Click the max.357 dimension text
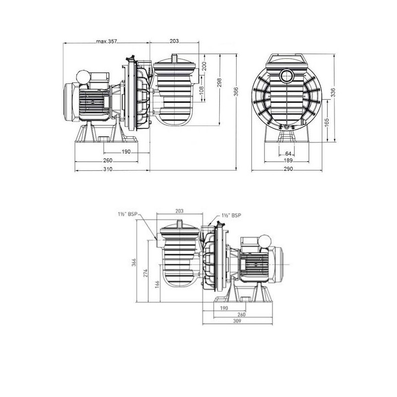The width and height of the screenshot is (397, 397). tap(106, 42)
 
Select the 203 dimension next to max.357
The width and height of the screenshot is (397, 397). tap(174, 42)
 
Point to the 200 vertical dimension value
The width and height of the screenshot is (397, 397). tap(204, 66)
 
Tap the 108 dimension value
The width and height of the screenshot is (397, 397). tap(201, 90)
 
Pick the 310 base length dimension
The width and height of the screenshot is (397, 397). tap(108, 169)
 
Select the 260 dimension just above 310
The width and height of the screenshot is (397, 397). tap(108, 160)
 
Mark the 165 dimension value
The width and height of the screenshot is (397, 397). tap(326, 122)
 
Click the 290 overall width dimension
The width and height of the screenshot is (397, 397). tap(288, 169)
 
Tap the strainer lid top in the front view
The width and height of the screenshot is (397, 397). tap(287, 59)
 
